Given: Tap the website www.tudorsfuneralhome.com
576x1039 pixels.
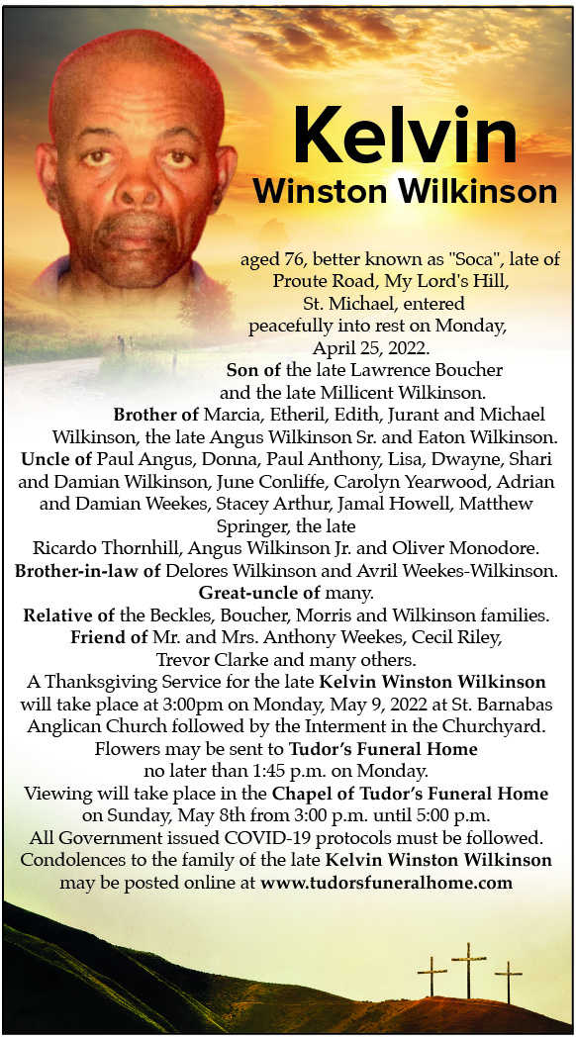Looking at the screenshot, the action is click(x=386, y=883).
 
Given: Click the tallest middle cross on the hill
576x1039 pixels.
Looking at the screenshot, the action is click(x=468, y=968).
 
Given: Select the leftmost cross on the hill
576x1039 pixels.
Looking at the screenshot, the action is click(x=432, y=976).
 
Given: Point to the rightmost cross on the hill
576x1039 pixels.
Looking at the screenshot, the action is click(x=508, y=981).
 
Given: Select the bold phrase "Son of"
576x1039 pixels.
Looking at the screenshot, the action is click(x=249, y=369).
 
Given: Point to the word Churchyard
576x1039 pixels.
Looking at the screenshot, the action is click(x=504, y=726).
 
